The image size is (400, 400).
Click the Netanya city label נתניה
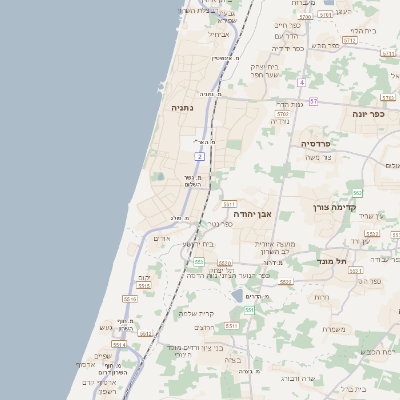[x=181, y=107]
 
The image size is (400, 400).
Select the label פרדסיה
[x=322, y=144]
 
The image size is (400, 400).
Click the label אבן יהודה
[x=253, y=214]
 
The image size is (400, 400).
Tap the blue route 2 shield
[x=200, y=157]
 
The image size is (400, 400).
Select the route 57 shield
[x=313, y=101]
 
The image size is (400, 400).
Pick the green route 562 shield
[x=357, y=192]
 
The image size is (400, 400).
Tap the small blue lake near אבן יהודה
[x=237, y=296]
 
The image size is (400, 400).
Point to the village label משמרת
[x=334, y=329]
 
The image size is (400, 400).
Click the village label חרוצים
[x=203, y=327]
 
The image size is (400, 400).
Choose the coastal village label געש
[x=106, y=328]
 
